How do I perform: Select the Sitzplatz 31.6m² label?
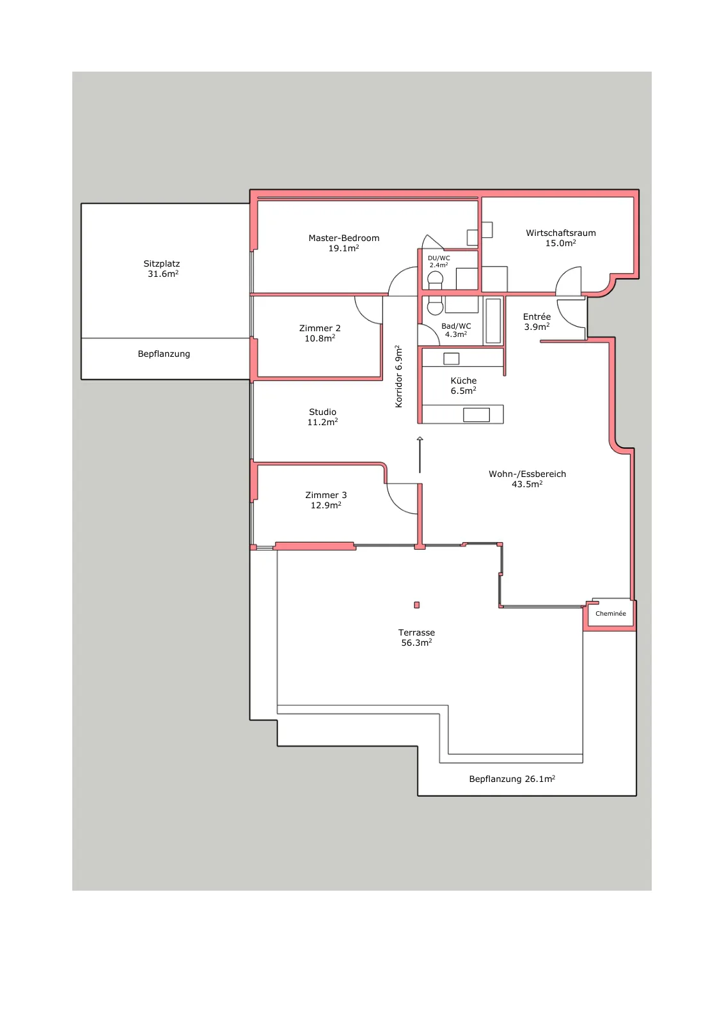tap(162, 269)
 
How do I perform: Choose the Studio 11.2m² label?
tap(322, 416)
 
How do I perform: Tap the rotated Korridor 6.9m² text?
tap(398, 377)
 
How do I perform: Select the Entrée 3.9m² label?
tap(537, 322)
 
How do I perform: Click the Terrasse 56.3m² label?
tap(416, 637)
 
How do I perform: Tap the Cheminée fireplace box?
tap(610, 613)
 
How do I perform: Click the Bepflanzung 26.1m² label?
tap(512, 779)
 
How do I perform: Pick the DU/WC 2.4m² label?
tap(439, 262)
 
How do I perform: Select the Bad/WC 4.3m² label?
tap(456, 330)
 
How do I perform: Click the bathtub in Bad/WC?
tap(493, 320)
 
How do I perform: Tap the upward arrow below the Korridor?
tap(420, 455)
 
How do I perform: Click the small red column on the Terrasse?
tap(416, 605)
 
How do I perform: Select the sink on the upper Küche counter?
tap(452, 359)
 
